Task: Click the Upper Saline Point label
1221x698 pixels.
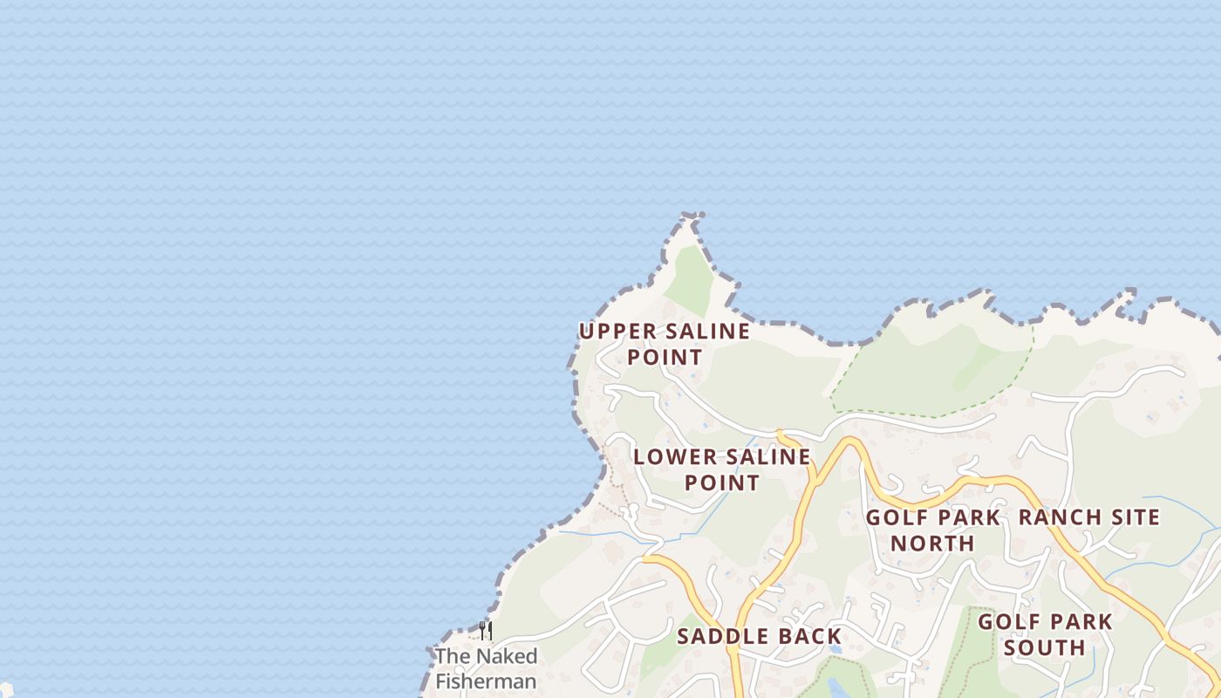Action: pyautogui.click(x=665, y=344)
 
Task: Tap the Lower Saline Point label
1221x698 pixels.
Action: pyautogui.click(x=722, y=469)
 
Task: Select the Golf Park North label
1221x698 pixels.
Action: pyautogui.click(x=932, y=530)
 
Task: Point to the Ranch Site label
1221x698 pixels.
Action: pyautogui.click(x=1089, y=517)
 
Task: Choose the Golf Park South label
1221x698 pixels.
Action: pyautogui.click(x=1044, y=634)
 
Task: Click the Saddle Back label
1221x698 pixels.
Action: pyautogui.click(x=759, y=636)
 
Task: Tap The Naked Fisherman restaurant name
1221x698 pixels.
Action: pyautogui.click(x=486, y=668)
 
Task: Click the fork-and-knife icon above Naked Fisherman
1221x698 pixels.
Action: pyautogui.click(x=486, y=631)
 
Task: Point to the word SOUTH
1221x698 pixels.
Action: pyautogui.click(x=1044, y=647)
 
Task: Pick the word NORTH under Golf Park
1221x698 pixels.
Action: pyautogui.click(x=932, y=543)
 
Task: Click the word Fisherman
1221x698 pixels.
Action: pyautogui.click(x=486, y=681)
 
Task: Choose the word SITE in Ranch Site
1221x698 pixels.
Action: pyautogui.click(x=1133, y=517)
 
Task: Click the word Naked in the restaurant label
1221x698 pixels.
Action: pyautogui.click(x=506, y=656)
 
